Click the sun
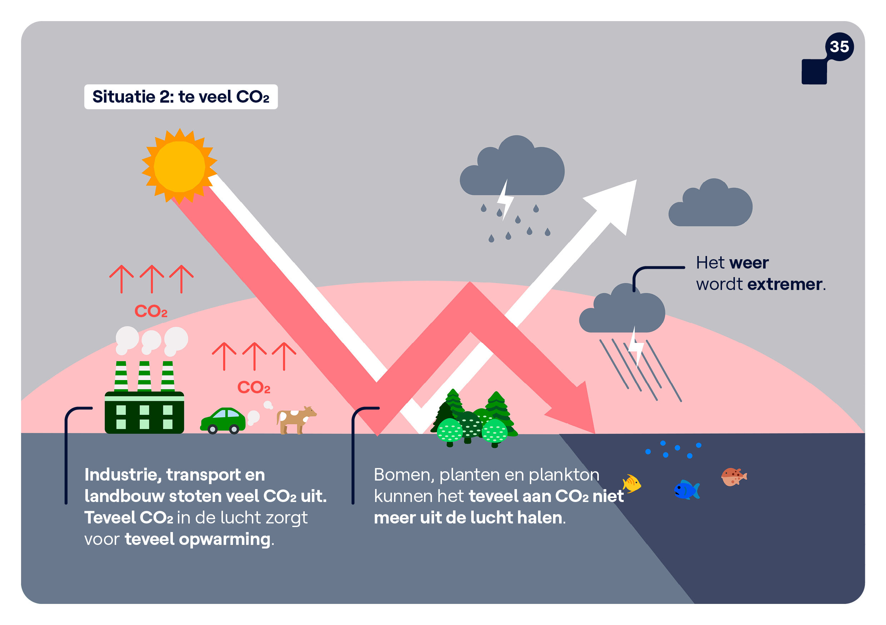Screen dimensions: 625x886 (x=179, y=167)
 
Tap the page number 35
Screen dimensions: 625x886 (x=839, y=47)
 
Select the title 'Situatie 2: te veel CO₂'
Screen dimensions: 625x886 (x=181, y=97)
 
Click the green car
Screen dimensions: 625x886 (x=223, y=420)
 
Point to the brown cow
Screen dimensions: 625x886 (x=295, y=419)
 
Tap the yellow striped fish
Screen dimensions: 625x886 (x=632, y=484)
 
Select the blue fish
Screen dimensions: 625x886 (x=686, y=490)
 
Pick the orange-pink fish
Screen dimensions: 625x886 (x=733, y=477)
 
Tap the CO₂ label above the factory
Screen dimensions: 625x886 (x=150, y=311)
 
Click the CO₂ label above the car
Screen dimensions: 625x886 (x=254, y=388)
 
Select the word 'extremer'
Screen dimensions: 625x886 (x=784, y=285)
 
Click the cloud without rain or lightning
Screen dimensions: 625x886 (x=711, y=205)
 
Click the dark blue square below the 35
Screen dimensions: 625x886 (x=814, y=72)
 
